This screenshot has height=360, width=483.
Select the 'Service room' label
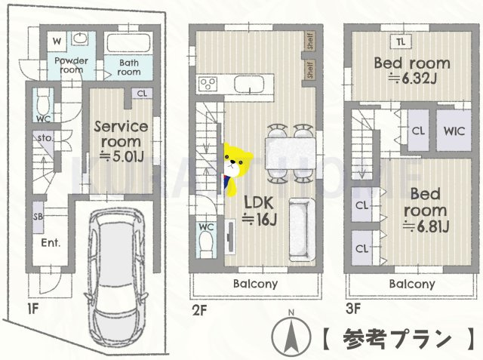click(x=119, y=134)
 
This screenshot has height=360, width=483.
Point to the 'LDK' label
click(x=259, y=202)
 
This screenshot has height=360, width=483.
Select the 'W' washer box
click(x=57, y=39)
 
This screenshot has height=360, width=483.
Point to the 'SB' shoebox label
click(x=38, y=217)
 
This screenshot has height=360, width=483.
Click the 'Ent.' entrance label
click(x=51, y=243)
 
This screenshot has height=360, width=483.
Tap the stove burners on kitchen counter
click(x=208, y=82)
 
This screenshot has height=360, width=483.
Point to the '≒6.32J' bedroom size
click(x=412, y=78)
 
